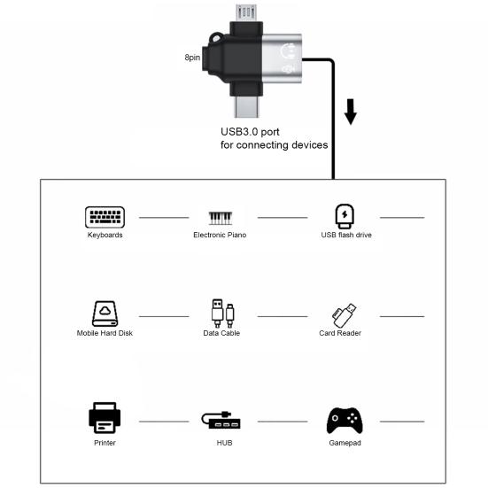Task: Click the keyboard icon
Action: coord(105,217)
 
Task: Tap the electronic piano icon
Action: coord(220,217)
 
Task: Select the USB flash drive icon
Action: coord(345,216)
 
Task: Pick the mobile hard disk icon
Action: coord(105,314)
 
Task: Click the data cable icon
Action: coord(222,314)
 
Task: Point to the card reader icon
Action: coord(345,314)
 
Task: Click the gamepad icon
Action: coord(345,419)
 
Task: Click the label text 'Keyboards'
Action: coord(105,235)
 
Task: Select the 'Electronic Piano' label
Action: coord(220,235)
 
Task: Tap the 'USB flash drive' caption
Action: coord(345,235)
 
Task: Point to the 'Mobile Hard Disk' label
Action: coord(105,333)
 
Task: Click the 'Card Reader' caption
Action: coord(340,333)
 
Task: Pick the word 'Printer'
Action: coord(105,441)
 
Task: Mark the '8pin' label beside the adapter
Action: coord(192,58)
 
